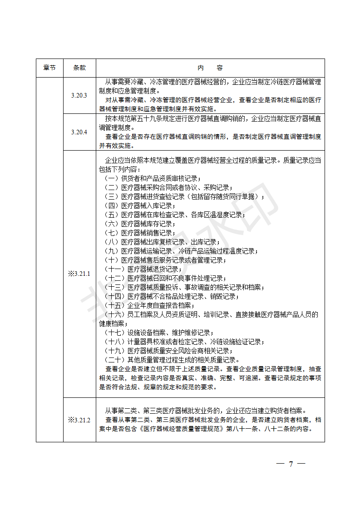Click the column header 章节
pyautogui.click(x=50, y=68)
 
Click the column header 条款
pyautogui.click(x=79, y=68)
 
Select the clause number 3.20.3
pyautogui.click(x=79, y=95)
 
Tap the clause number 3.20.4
pyautogui.click(x=79, y=132)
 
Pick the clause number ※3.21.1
pyautogui.click(x=79, y=274)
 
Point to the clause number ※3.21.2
pyautogui.click(x=79, y=420)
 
